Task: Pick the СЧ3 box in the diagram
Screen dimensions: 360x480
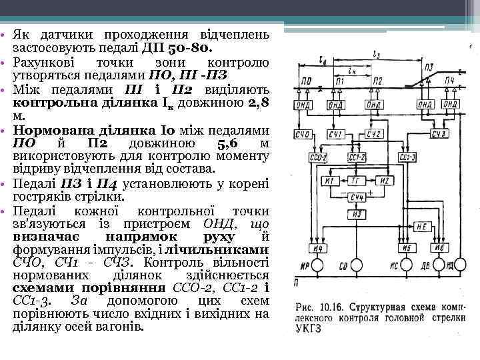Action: [x=439, y=135]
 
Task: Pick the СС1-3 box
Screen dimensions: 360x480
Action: [x=407, y=157]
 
